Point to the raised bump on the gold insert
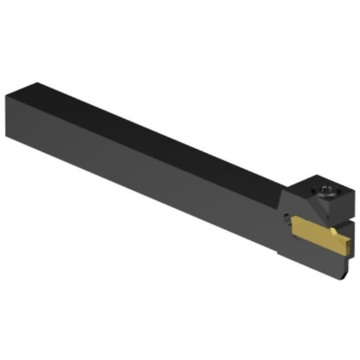[x=336, y=230]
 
